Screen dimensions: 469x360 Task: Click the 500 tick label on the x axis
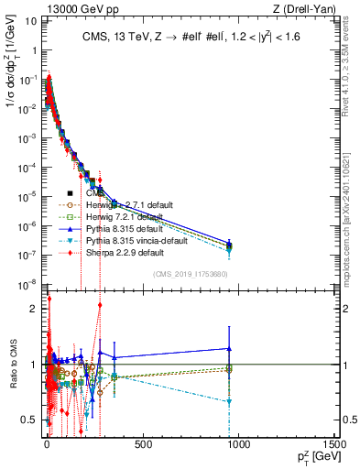click(x=142, y=445)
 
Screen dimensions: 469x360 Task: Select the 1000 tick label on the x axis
click(x=238, y=445)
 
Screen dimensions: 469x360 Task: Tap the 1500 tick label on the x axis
click(x=333, y=445)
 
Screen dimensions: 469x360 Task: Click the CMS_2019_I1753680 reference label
click(x=190, y=273)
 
